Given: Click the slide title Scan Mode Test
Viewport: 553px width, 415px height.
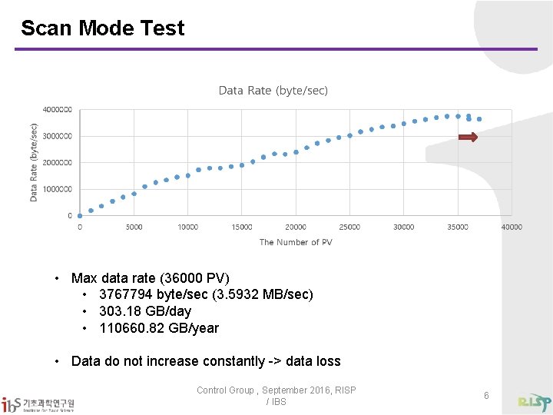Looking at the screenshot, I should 102,28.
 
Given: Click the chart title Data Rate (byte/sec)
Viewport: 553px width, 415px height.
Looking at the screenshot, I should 273,91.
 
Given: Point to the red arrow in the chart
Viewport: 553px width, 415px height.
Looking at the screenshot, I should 468,138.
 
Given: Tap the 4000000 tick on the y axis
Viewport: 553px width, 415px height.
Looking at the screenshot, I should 58,110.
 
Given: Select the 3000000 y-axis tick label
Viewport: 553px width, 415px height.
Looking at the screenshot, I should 58,136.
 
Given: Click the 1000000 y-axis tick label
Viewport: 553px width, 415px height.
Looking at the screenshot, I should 58,189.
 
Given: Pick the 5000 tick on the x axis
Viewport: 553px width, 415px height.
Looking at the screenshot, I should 134,227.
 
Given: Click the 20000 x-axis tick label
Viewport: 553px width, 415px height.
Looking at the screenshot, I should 296,227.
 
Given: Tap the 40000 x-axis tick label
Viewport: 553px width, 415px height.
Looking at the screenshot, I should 512,227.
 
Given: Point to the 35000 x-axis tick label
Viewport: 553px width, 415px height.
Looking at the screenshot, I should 458,227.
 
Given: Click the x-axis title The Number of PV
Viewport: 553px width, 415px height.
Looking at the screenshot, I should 296,242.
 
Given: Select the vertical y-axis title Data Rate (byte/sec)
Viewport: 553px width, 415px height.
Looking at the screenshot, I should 34,162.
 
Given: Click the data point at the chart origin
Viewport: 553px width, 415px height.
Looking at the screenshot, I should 80,215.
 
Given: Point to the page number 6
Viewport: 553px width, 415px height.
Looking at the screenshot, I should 486,395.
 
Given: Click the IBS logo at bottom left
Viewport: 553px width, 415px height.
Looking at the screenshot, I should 38,403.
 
